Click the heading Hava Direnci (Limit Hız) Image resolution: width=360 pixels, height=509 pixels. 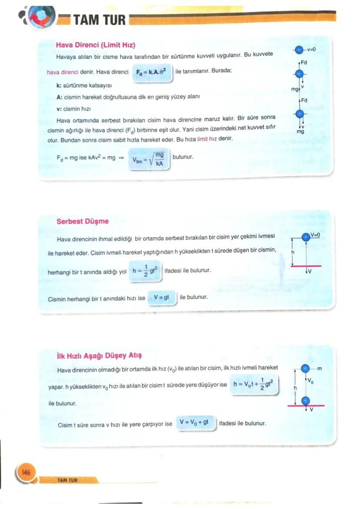(96, 45)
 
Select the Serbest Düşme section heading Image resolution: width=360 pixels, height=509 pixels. (83, 221)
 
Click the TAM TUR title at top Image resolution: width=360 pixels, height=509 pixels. (99, 20)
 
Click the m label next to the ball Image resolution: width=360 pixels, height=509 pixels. (320, 369)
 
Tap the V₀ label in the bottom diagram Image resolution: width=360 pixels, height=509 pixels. (311, 381)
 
